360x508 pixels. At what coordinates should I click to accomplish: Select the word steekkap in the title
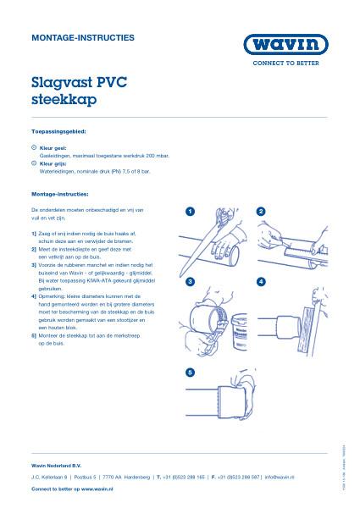(x=64, y=99)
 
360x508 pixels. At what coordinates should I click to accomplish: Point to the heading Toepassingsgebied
(x=58, y=132)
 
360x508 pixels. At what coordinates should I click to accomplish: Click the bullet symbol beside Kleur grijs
(x=34, y=163)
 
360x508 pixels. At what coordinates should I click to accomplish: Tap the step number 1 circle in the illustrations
(x=191, y=210)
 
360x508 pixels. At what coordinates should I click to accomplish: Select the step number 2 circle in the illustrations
(x=261, y=210)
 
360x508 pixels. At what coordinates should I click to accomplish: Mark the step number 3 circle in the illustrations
(x=191, y=281)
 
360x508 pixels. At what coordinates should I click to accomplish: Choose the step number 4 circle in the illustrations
(x=261, y=281)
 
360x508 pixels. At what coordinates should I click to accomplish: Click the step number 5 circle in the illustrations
(x=191, y=373)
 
